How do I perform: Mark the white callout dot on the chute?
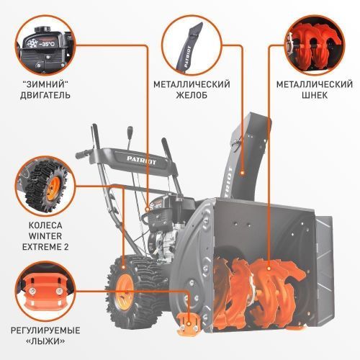[x=243, y=172]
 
